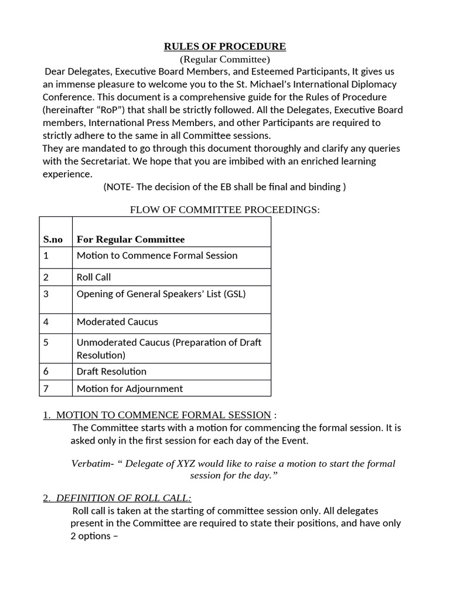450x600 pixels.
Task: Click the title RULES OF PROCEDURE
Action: click(225, 47)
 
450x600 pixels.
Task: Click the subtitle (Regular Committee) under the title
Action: click(224, 59)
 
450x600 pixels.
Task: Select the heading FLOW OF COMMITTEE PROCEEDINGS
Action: click(224, 210)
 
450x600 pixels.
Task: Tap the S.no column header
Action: click(53, 239)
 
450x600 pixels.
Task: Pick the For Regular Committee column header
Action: click(131, 239)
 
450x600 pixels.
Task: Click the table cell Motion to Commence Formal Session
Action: click(157, 255)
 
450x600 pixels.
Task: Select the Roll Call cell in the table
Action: click(94, 277)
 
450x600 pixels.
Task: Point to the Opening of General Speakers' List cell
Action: click(161, 294)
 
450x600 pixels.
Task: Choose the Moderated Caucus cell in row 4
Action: click(117, 322)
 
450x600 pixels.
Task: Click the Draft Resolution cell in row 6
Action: click(111, 371)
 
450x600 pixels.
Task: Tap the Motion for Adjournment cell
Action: click(129, 388)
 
